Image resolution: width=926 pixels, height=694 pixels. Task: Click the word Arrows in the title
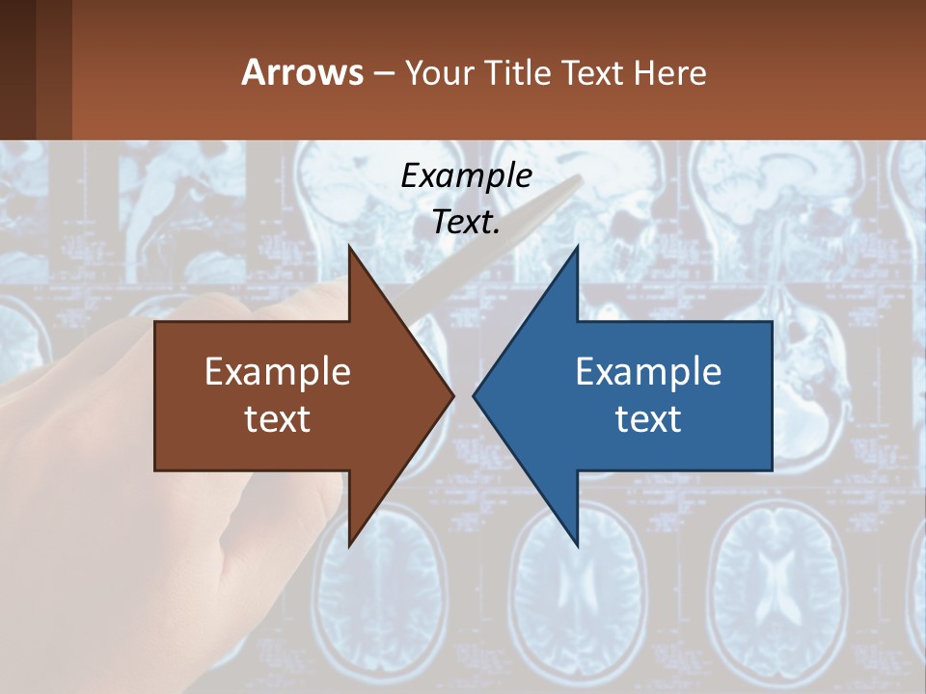[x=302, y=73]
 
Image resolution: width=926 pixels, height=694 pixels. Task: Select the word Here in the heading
[x=671, y=73]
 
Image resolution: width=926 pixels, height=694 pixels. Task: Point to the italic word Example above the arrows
[x=466, y=175]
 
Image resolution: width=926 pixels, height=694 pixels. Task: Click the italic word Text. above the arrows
[x=466, y=222]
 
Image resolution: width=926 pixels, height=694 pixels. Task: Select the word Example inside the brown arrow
[x=278, y=372]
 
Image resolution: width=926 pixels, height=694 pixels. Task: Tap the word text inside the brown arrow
[x=278, y=419]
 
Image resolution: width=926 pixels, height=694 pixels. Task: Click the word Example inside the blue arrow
[x=648, y=372]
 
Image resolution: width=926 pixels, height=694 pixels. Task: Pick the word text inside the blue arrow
[x=648, y=419]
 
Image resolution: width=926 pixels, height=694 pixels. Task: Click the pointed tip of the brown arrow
[x=452, y=395]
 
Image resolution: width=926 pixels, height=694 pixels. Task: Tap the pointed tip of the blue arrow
[x=475, y=395]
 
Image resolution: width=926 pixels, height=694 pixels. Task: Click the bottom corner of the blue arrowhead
[x=577, y=546]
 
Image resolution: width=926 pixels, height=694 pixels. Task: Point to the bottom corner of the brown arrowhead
[x=349, y=546]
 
